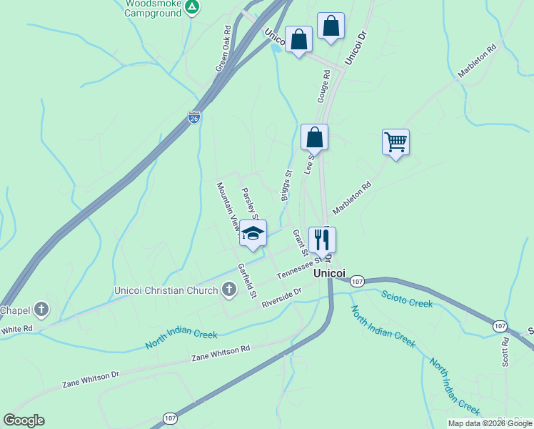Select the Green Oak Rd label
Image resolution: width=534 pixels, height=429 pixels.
(224, 49)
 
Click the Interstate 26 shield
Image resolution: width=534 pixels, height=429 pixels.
(194, 117)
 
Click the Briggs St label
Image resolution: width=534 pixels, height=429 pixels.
(286, 185)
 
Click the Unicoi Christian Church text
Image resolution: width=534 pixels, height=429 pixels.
(166, 290)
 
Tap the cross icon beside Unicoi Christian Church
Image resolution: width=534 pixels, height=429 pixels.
(229, 290)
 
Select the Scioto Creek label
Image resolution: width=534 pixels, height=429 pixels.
(407, 299)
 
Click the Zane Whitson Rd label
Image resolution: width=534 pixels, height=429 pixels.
(221, 352)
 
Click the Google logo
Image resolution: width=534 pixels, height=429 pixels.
(24, 420)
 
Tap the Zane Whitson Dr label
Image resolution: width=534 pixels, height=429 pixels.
(91, 378)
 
